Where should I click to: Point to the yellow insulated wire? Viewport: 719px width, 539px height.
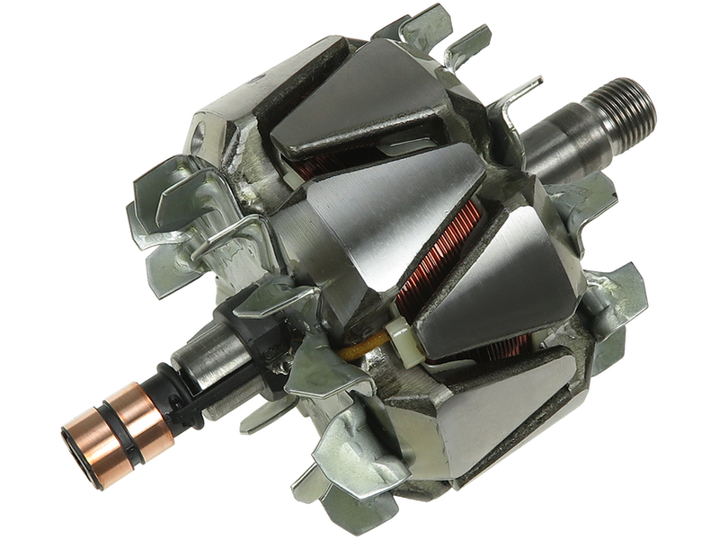[364, 346]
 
